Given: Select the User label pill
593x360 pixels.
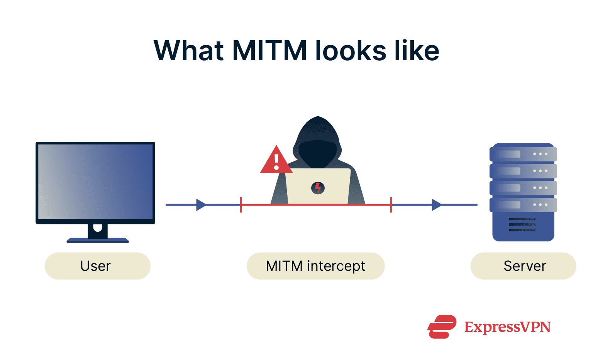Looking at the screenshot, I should click(x=97, y=266).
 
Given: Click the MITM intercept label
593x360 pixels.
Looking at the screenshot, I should click(x=315, y=266).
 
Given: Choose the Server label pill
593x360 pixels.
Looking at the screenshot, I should click(x=523, y=266).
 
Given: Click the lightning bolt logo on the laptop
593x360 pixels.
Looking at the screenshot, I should click(x=318, y=188).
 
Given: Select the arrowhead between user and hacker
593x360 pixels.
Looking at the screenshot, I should click(x=201, y=205).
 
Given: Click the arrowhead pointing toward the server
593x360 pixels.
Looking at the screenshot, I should click(x=436, y=205).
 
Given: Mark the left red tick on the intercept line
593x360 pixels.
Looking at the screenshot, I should click(x=241, y=205).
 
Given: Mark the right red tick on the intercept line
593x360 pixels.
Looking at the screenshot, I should click(x=391, y=205).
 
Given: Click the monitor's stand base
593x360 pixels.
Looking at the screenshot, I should click(x=98, y=240).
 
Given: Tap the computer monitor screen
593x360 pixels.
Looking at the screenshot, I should click(x=95, y=182).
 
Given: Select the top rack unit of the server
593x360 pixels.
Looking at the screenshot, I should click(x=523, y=154).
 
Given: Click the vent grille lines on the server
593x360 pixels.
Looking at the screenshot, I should click(x=522, y=224).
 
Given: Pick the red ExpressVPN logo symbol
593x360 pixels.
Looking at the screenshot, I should click(x=442, y=327).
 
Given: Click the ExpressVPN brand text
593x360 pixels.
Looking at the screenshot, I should click(x=507, y=327).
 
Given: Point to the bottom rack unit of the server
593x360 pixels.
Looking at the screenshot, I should click(x=523, y=205).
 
